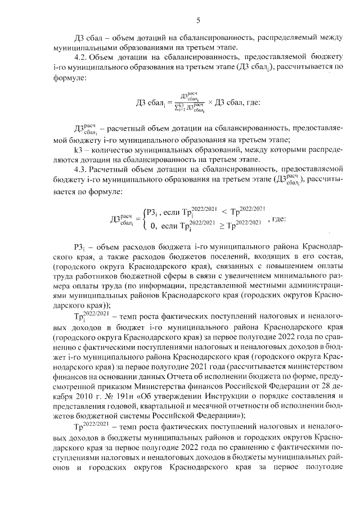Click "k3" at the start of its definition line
point(79,151)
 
